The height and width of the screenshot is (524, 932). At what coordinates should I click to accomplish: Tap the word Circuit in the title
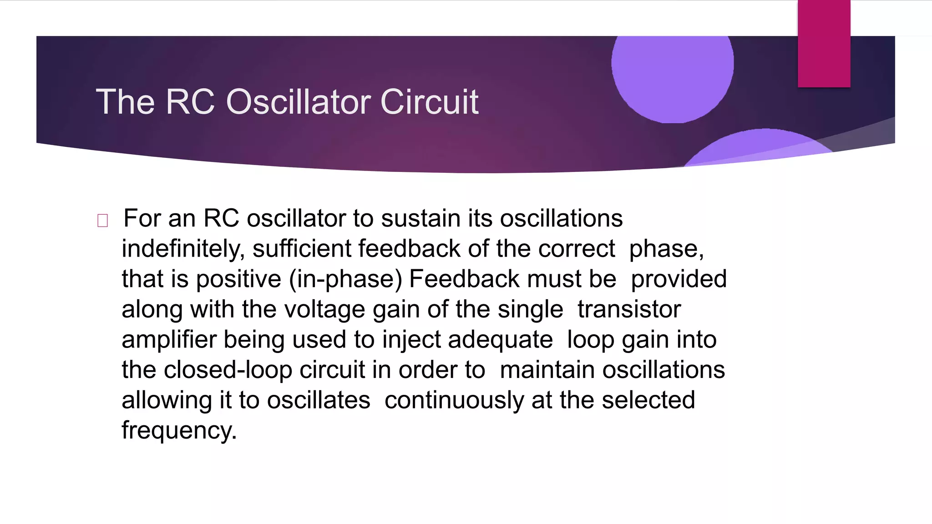point(429,102)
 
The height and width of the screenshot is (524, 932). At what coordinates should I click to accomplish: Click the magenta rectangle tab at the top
point(824,44)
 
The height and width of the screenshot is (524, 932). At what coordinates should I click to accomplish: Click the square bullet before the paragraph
point(103,221)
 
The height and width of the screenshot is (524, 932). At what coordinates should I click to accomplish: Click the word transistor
point(629,309)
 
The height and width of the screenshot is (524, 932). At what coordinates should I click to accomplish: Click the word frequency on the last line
point(179,431)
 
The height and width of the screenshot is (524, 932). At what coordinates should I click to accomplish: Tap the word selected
point(648,400)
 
